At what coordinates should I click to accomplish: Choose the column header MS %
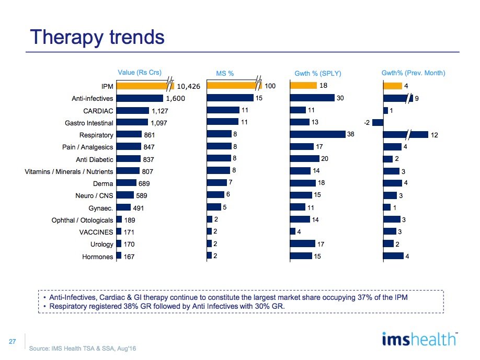(225, 73)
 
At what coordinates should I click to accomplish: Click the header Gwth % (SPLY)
(318, 73)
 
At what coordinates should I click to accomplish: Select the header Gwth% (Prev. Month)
(414, 73)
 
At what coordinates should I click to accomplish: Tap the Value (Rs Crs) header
(140, 73)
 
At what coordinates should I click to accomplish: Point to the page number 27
(14, 341)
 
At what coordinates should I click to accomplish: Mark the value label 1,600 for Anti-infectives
(176, 98)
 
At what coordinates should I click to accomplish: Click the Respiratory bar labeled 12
(405, 135)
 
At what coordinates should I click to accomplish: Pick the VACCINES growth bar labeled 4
(292, 231)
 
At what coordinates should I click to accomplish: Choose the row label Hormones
(97, 256)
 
